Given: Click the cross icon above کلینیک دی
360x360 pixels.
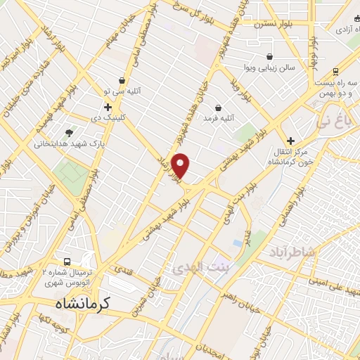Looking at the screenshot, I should [x=107, y=107].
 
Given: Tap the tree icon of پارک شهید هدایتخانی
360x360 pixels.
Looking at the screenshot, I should [x=68, y=132].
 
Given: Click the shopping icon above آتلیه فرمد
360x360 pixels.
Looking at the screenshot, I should [x=218, y=108].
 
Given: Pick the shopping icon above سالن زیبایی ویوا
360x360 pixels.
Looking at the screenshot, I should [x=270, y=56].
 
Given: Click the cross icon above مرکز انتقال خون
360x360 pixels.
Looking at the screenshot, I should [x=290, y=141].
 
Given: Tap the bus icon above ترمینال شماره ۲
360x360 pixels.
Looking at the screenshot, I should [x=67, y=259].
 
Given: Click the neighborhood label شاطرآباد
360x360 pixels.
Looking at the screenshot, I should [x=291, y=252].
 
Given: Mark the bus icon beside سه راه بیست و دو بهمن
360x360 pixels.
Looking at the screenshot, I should [x=335, y=71].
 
